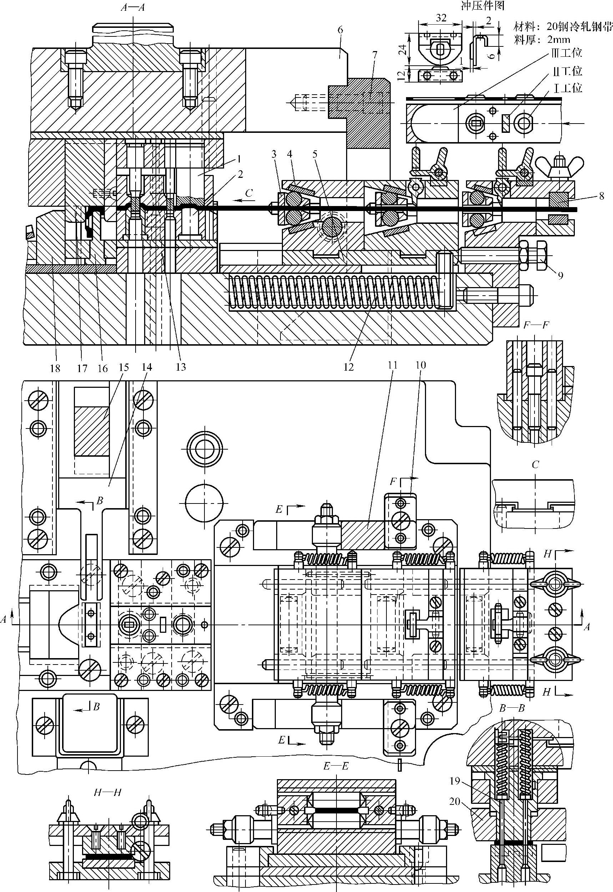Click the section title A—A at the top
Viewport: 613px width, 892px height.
[132, 7]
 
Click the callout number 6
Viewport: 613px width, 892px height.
[340, 30]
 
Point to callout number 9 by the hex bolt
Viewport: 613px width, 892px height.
[561, 275]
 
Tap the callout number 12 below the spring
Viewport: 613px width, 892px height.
[348, 367]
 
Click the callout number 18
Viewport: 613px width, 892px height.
[55, 368]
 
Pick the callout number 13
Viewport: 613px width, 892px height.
[181, 367]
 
